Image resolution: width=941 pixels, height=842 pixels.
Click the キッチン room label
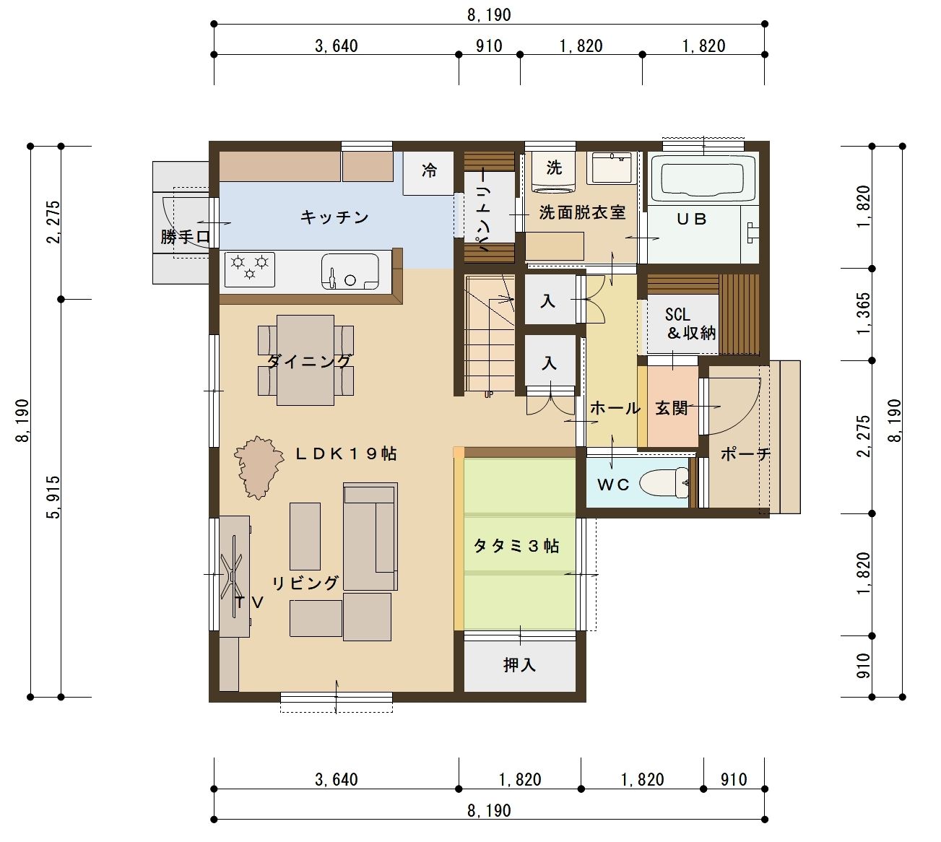(x=334, y=217)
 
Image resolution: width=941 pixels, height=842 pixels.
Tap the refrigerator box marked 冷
(x=428, y=173)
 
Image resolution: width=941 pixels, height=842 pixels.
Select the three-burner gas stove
(x=250, y=269)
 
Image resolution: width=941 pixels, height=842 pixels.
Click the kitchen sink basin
(x=350, y=272)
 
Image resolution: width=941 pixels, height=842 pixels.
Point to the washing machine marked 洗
(x=554, y=171)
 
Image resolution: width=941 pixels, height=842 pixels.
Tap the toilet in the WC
(x=664, y=482)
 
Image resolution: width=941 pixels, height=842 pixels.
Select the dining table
(x=305, y=360)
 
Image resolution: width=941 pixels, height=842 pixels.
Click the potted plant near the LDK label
(x=259, y=466)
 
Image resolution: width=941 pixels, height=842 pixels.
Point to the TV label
(x=250, y=602)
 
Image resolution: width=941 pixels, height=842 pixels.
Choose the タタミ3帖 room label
(x=516, y=546)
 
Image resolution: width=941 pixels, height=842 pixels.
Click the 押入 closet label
(x=519, y=665)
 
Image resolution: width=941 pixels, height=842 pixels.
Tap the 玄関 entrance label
(x=672, y=408)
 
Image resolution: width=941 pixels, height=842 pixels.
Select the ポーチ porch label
(x=745, y=453)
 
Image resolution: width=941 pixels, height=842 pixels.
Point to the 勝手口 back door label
(x=185, y=237)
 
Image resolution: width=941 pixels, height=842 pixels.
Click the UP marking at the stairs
(x=489, y=395)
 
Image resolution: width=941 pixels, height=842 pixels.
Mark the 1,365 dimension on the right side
(x=864, y=314)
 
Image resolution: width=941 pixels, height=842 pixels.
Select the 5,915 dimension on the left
(x=53, y=497)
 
